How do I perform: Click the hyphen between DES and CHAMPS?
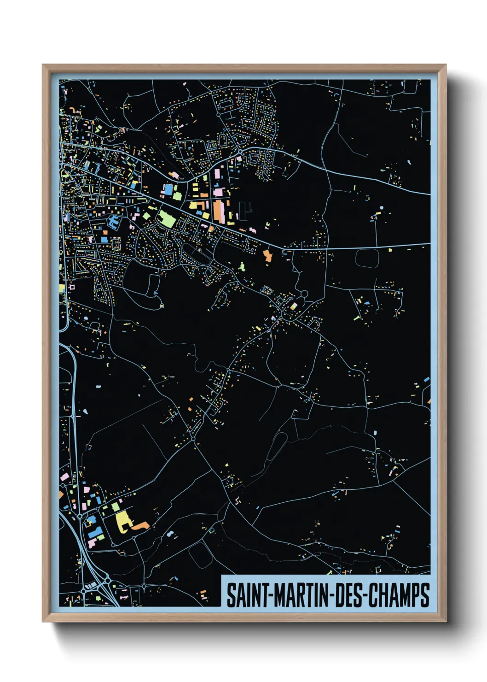(x=365, y=596)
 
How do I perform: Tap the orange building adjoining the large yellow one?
(x=140, y=525)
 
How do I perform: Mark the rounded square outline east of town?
(x=367, y=258)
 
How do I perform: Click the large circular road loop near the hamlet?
(x=304, y=294)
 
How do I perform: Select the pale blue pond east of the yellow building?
(x=171, y=534)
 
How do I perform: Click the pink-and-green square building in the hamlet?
(x=293, y=306)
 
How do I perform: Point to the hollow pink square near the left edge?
(x=71, y=287)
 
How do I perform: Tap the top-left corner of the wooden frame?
(x=43, y=65)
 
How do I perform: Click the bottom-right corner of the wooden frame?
(x=446, y=621)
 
